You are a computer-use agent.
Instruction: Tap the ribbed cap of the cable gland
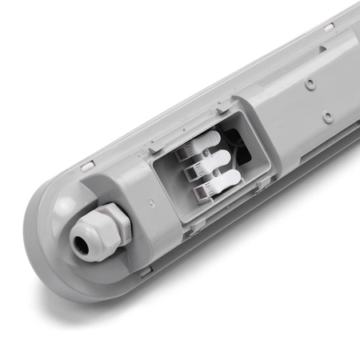tap(90, 234)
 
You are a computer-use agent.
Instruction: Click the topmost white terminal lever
tap(210, 145)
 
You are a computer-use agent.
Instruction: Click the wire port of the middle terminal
tap(192, 170)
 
